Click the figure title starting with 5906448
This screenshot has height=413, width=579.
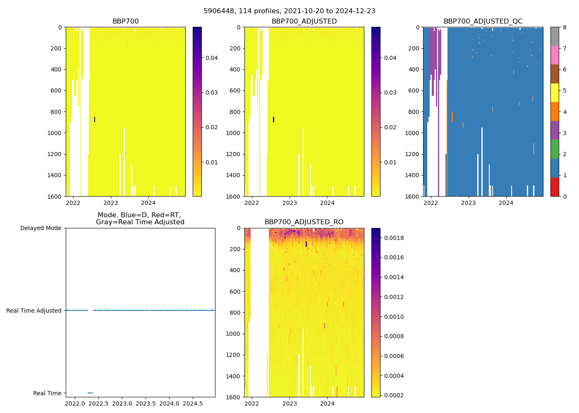[x=289, y=11]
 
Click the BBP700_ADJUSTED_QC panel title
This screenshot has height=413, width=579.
[x=483, y=21]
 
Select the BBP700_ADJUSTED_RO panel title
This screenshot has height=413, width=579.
[x=304, y=222]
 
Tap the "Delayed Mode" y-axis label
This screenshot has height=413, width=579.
[x=41, y=228]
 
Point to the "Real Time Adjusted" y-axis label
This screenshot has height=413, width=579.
[x=34, y=311]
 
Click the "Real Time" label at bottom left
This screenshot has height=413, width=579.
[x=47, y=393]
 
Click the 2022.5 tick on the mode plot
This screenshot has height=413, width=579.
[x=98, y=403]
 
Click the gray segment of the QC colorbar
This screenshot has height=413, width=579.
[x=555, y=36]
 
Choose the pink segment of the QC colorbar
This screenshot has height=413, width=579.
[x=555, y=55]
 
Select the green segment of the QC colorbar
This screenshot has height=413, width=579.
[x=555, y=149]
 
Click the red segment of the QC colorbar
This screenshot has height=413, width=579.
[x=555, y=187]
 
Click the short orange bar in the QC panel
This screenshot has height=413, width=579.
[x=452, y=117]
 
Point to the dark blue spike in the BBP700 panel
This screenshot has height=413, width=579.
[x=95, y=120]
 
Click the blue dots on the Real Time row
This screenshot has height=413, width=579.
[x=90, y=393]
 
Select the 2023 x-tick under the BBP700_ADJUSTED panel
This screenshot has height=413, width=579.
[x=289, y=203]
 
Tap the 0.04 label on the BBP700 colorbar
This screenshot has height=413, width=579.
[x=212, y=58]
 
